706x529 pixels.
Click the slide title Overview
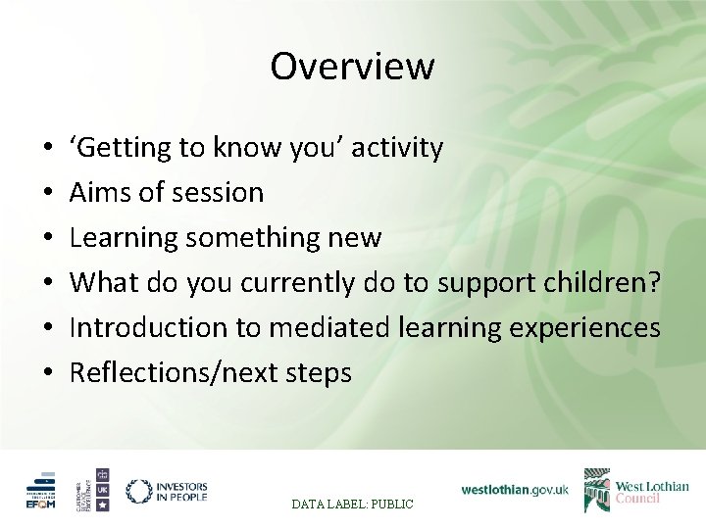(352, 67)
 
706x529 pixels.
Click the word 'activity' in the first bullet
(397, 148)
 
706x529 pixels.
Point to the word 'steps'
(320, 372)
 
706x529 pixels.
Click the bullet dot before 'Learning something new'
(48, 239)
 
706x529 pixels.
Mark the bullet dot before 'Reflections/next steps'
(48, 373)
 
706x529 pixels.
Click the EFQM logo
(42, 491)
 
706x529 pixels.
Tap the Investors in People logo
(167, 491)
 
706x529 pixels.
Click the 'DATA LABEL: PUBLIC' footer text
(352, 504)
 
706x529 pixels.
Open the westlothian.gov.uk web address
(515, 489)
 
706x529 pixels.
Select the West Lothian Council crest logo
(597, 490)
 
